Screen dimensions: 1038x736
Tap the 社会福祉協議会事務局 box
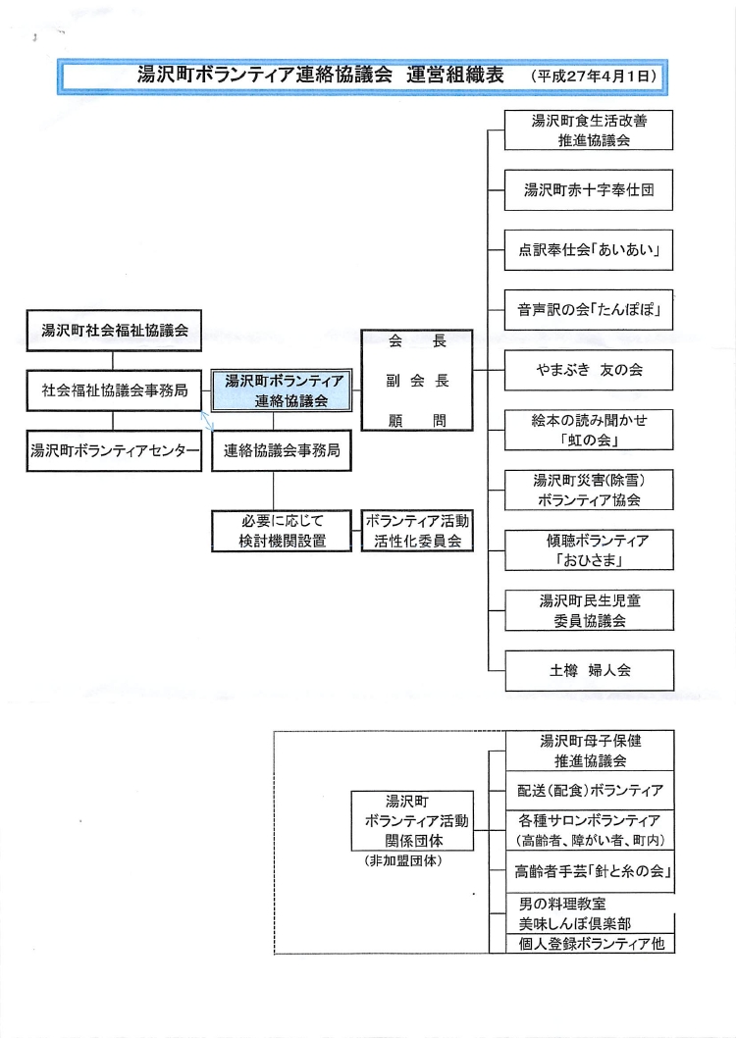(x=114, y=390)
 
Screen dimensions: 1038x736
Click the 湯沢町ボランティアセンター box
(x=114, y=451)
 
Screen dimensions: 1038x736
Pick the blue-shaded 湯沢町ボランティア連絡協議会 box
(x=285, y=390)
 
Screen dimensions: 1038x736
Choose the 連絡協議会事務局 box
(x=282, y=451)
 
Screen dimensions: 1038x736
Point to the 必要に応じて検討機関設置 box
(x=282, y=531)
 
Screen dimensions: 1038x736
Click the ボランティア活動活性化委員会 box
(x=417, y=531)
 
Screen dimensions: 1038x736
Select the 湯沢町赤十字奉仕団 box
(x=589, y=190)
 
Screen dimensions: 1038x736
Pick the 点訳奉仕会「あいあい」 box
(x=589, y=251)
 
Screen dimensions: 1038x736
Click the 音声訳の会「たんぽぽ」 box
(x=589, y=311)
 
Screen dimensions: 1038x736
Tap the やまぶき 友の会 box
(x=589, y=371)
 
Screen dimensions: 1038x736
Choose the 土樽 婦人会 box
(x=589, y=672)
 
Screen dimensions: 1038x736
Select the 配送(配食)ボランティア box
(x=589, y=791)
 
